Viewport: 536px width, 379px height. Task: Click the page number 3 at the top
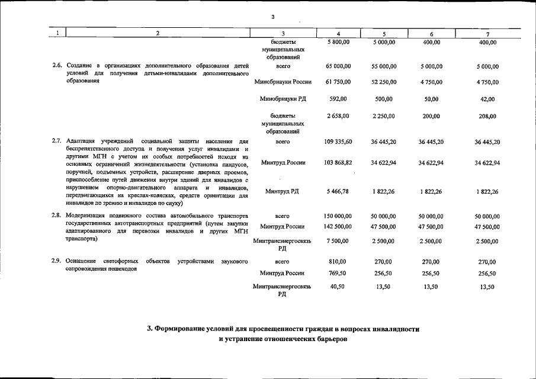tap(272, 17)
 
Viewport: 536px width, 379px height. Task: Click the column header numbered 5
tap(385, 34)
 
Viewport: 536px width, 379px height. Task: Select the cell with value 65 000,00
tap(338, 66)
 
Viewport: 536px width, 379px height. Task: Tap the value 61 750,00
tap(338, 82)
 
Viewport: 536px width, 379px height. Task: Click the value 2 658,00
tap(338, 116)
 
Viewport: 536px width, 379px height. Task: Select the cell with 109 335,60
tap(338, 142)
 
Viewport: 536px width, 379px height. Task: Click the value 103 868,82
tap(338, 162)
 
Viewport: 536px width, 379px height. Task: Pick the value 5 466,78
tap(338, 191)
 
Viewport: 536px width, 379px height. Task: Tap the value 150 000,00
tap(338, 217)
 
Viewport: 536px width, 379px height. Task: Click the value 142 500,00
tap(338, 226)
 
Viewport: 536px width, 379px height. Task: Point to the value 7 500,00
tap(338, 241)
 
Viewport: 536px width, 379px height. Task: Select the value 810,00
tap(338, 261)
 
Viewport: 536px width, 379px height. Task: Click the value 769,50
tap(338, 273)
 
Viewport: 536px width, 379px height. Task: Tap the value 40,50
tap(338, 287)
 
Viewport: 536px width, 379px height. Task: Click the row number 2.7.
tap(57, 141)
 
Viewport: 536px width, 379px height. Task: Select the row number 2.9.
tap(57, 261)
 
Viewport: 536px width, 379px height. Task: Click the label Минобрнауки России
tap(283, 82)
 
